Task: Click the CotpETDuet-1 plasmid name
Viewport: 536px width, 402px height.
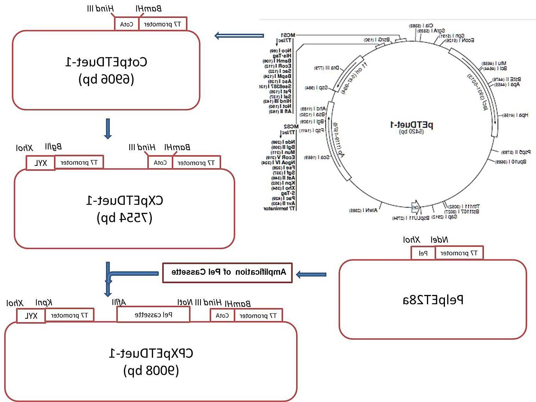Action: (106, 62)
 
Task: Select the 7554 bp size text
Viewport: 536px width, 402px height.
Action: (124, 217)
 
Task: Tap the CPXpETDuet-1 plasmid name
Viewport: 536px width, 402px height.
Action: (151, 353)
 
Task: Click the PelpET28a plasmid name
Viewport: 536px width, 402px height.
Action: (433, 300)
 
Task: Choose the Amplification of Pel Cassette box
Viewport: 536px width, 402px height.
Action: (228, 272)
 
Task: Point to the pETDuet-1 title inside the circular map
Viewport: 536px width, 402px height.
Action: (412, 124)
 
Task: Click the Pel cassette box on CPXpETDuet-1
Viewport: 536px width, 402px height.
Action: (153, 315)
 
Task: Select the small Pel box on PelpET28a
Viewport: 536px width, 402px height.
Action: (423, 253)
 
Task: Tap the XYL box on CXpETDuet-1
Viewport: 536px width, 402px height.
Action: (40, 163)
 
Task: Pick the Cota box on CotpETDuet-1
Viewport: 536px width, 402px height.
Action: (126, 24)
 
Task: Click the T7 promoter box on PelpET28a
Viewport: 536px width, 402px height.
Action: (459, 253)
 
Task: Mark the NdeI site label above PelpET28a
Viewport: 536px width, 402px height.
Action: (439, 240)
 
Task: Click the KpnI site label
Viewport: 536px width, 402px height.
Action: (44, 302)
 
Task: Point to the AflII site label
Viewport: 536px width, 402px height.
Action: (119, 302)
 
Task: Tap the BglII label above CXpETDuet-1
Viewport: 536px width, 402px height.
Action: (53, 147)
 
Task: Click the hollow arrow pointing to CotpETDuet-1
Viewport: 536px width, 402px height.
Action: (238, 36)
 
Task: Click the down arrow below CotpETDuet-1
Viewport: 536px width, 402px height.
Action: (108, 129)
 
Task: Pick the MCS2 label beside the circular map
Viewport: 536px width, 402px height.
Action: (291, 127)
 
